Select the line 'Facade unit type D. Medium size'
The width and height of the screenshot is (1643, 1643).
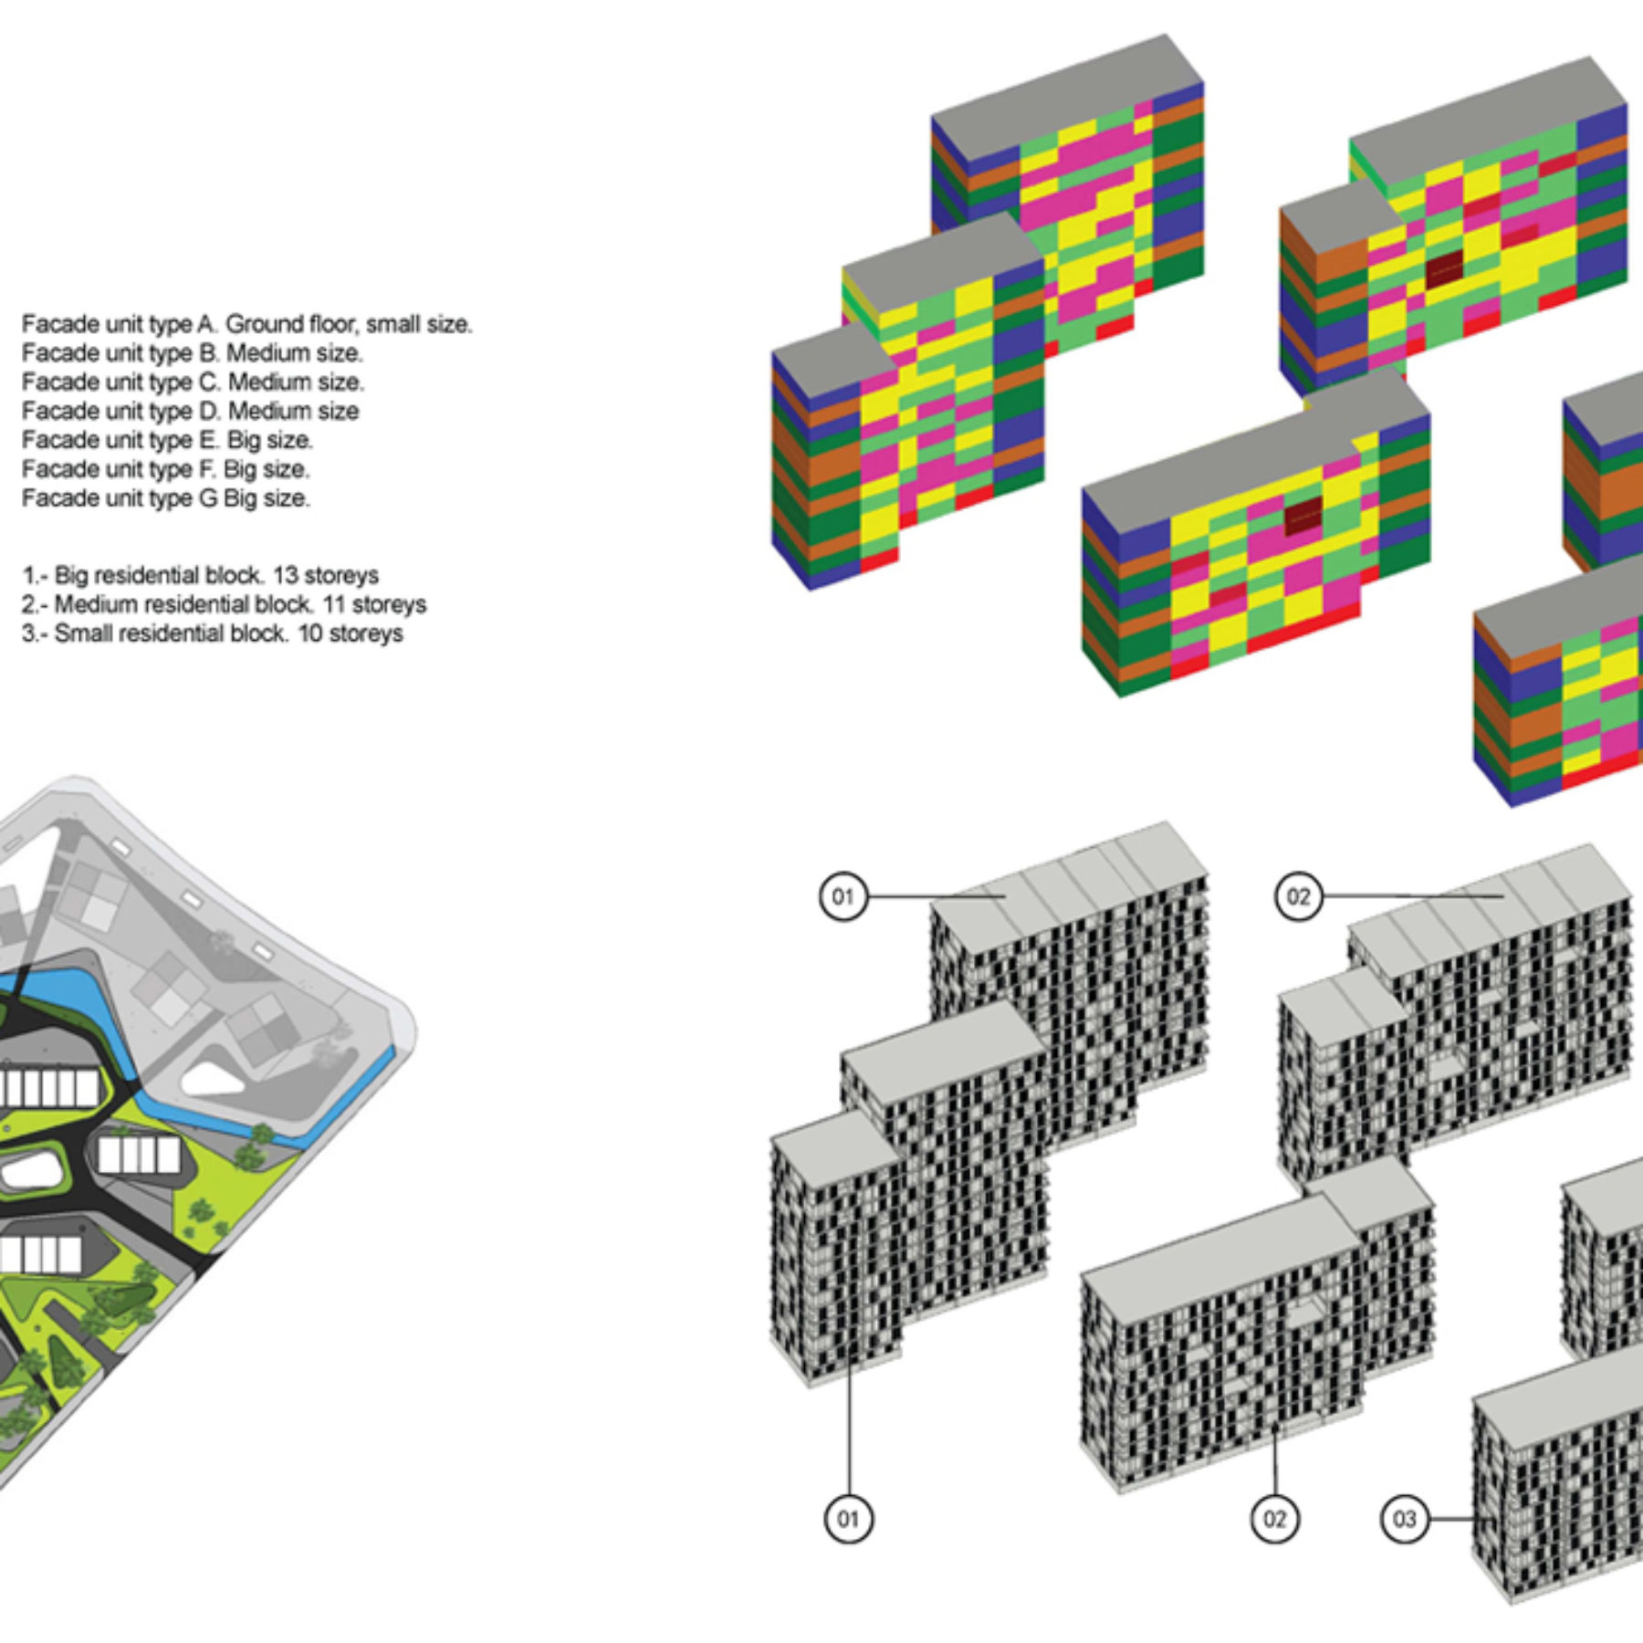coord(190,412)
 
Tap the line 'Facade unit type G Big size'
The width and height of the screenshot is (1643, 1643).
coord(165,499)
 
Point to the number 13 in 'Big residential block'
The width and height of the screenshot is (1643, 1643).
coord(285,576)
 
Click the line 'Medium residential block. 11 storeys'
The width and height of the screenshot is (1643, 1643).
coord(224,605)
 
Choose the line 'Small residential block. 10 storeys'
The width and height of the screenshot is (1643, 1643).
coord(212,634)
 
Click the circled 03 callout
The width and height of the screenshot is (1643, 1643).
coord(1404,1519)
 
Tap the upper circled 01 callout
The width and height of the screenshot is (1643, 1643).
coord(842,896)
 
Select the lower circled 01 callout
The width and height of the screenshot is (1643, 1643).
coord(848,1519)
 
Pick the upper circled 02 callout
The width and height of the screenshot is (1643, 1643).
coord(1298,896)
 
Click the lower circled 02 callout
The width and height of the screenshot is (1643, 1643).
coord(1274,1519)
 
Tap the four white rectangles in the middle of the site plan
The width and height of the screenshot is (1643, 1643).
coord(139,1156)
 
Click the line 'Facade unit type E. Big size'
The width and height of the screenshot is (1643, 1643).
coord(167,441)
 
